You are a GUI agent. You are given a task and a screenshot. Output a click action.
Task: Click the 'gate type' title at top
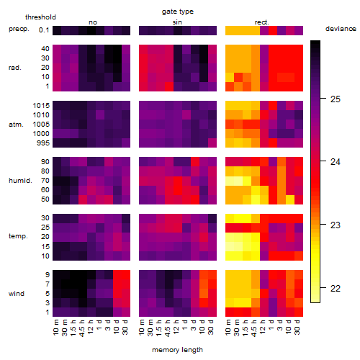coord(178,12)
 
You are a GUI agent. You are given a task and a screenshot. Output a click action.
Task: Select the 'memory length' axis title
coord(177,350)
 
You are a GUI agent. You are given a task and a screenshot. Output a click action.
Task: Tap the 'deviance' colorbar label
coord(341,29)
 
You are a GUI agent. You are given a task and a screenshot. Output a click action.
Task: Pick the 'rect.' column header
coord(261,22)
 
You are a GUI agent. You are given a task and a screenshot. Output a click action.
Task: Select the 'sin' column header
coord(177,22)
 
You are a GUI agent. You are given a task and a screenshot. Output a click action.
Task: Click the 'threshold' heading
coord(40,17)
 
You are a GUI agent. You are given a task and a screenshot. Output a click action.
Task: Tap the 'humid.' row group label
coord(20,181)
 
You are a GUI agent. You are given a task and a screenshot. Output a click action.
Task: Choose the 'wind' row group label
coord(17,294)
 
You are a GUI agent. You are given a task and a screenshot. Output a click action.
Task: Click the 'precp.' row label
coord(19,30)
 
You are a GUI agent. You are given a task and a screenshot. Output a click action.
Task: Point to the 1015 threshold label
coord(41,106)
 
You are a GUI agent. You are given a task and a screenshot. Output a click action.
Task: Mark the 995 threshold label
coord(43,143)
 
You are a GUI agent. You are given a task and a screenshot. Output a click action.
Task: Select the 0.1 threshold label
coord(44,30)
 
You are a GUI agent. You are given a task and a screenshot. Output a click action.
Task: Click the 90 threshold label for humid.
coord(45,162)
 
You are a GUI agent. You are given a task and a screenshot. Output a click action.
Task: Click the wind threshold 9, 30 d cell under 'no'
coord(126,275)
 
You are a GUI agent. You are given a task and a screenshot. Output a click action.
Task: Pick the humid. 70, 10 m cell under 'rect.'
coord(230,181)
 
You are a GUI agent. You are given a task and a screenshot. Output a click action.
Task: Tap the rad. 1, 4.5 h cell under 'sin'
coord(169,86)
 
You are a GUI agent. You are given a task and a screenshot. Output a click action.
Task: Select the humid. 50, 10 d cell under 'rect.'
coord(290,199)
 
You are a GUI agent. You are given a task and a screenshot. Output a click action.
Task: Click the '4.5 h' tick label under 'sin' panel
coord(168,328)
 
